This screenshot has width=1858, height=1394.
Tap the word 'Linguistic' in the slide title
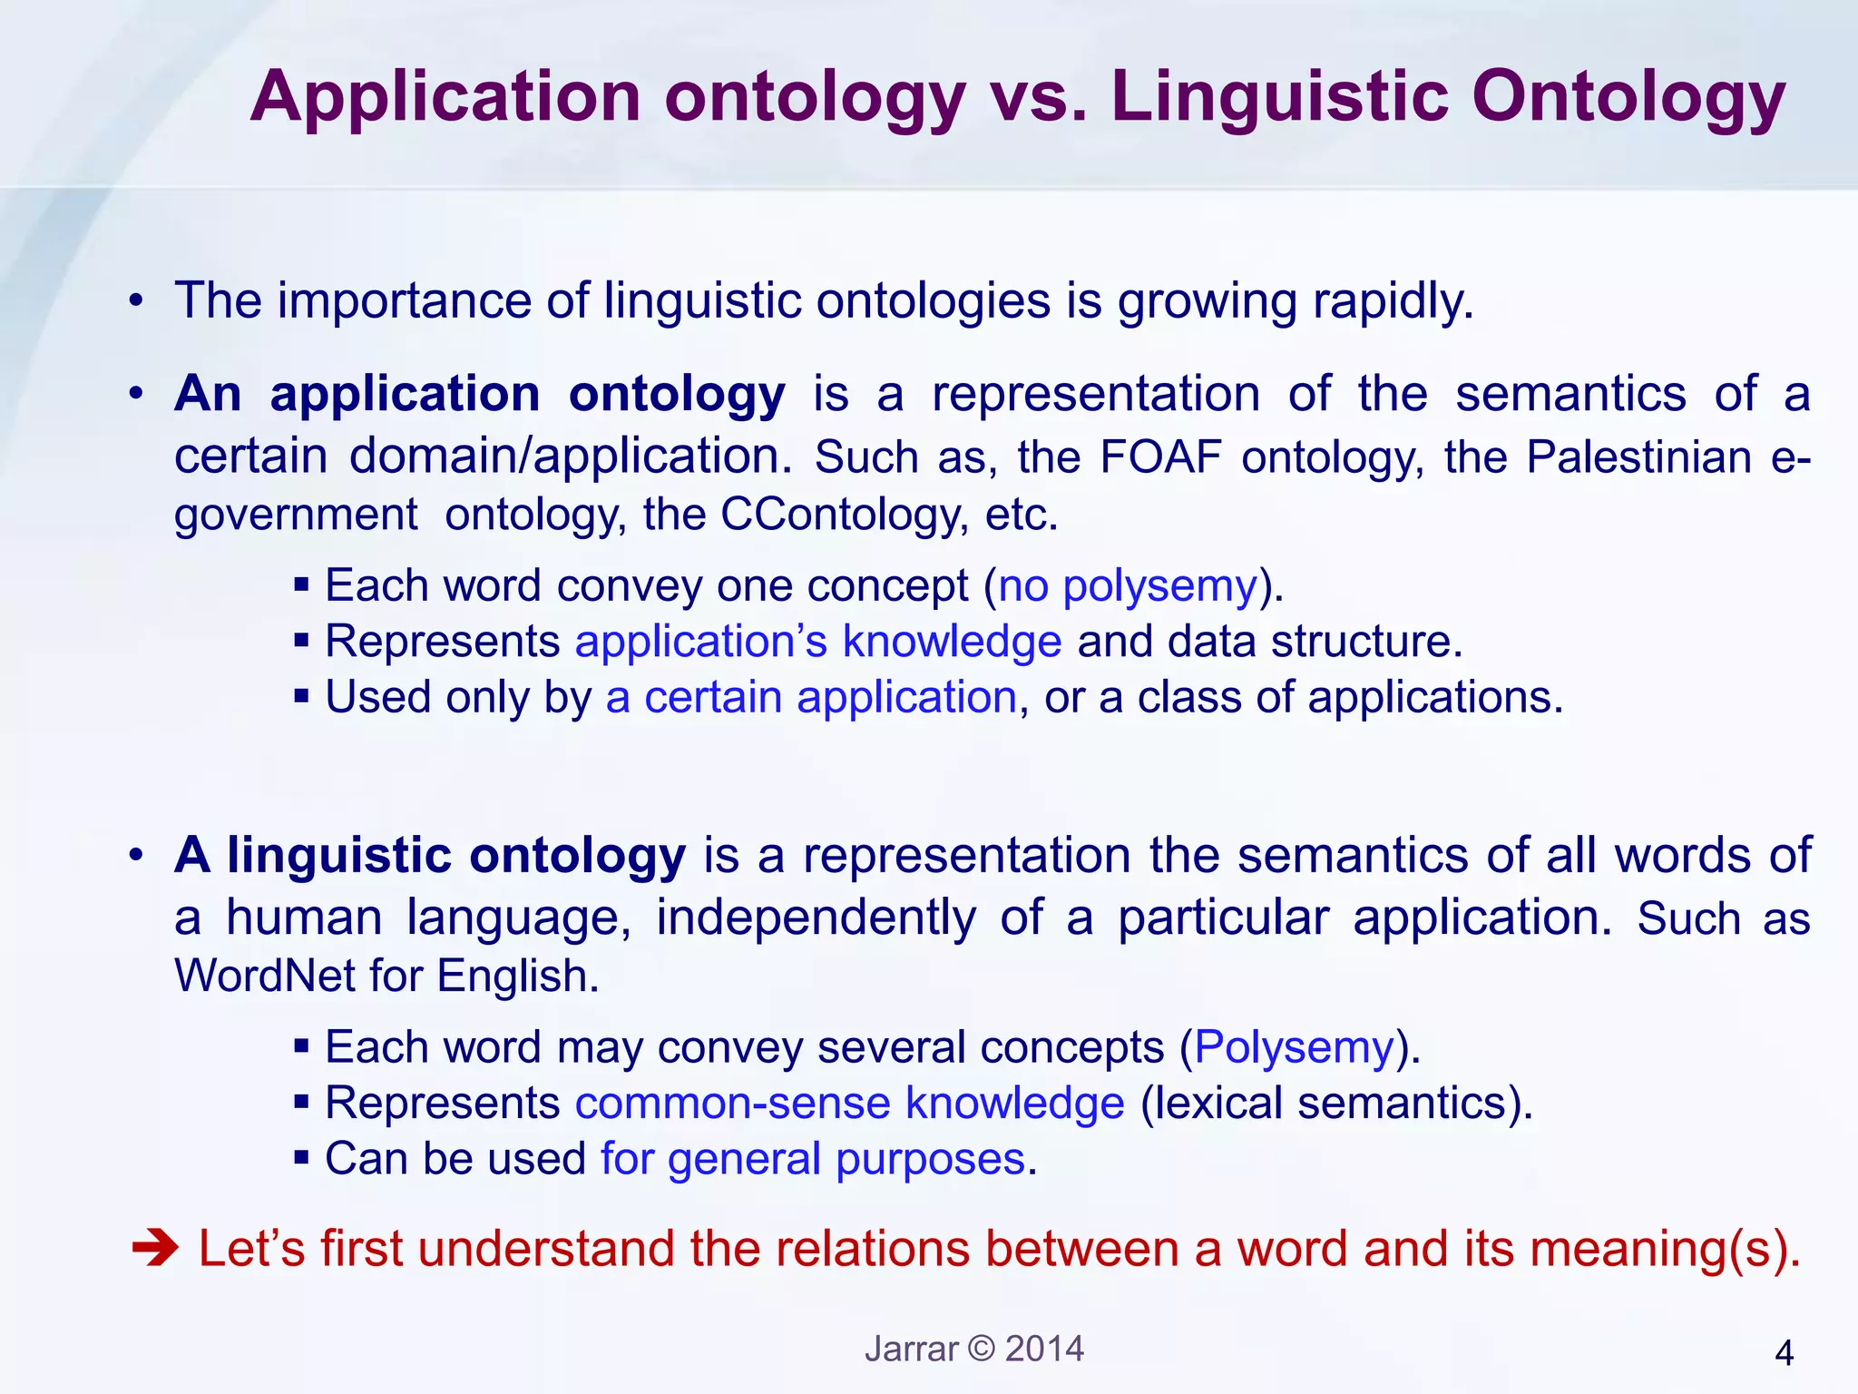pyautogui.click(x=1280, y=98)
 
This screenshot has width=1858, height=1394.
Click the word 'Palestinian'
pyautogui.click(x=1638, y=456)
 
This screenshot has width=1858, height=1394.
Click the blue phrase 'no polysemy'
pyautogui.click(x=1128, y=585)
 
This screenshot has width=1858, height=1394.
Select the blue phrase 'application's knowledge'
pyautogui.click(x=818, y=642)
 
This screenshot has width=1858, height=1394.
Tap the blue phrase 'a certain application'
pyautogui.click(x=811, y=698)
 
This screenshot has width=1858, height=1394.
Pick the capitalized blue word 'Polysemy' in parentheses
pyautogui.click(x=1294, y=1047)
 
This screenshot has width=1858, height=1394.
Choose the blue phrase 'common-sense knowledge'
pyautogui.click(x=849, y=1104)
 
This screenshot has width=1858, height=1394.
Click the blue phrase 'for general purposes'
pyautogui.click(x=812, y=1160)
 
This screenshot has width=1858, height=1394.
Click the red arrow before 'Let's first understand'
pyautogui.click(x=154, y=1250)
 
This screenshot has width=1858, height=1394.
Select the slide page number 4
pyautogui.click(x=1783, y=1353)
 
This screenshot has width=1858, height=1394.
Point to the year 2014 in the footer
pyautogui.click(x=1044, y=1349)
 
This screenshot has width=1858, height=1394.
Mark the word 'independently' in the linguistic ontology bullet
pyautogui.click(x=817, y=918)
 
